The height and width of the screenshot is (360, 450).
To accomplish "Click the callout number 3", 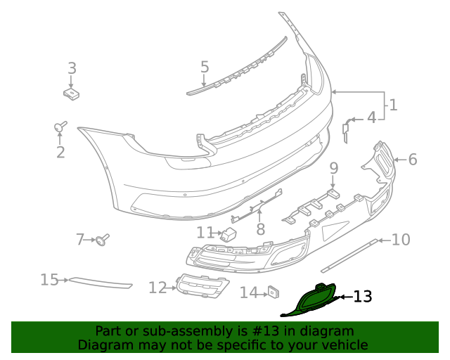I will [x=72, y=68].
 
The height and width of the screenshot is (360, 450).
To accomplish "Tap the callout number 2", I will [x=60, y=152].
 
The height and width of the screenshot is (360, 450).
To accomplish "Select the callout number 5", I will [x=205, y=67].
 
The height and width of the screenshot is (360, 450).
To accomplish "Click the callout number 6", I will [x=412, y=160].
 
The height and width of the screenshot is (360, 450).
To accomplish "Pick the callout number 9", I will [x=334, y=168].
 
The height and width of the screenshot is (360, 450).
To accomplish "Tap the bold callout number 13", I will [x=362, y=297].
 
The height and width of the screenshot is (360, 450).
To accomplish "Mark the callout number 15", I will [x=49, y=280].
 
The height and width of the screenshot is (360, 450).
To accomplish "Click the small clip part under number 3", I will [x=71, y=92].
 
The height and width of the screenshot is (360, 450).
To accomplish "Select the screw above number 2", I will [x=60, y=127].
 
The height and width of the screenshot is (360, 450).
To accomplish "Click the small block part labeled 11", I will [x=229, y=234].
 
